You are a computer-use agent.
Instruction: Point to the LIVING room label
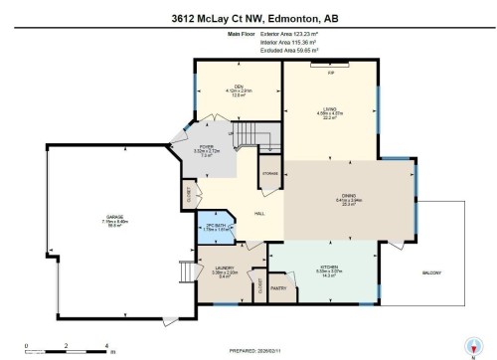pyautogui.click(x=328, y=111)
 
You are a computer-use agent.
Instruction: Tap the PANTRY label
pyautogui.click(x=279, y=290)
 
